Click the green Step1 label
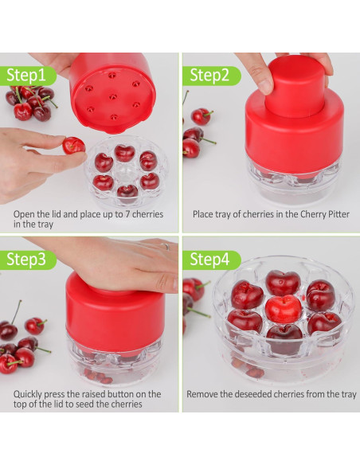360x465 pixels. pos(28,76)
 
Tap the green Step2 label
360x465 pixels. pos(211,76)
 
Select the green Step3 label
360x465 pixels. pos(28,260)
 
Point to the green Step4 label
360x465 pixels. pos(211,260)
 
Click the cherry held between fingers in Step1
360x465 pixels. pos(74,146)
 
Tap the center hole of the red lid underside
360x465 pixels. pos(112,96)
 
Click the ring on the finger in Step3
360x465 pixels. pos(166,246)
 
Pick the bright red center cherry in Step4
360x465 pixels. pos(283,309)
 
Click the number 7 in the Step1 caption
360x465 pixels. pos(127,214)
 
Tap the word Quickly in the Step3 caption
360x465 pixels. pos(28,395)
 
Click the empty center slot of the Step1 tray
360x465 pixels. pos(123,171)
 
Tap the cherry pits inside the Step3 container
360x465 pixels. pos(99,377)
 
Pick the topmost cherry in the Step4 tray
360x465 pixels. pos(283,283)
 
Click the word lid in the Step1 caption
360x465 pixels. pos(55,214)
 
